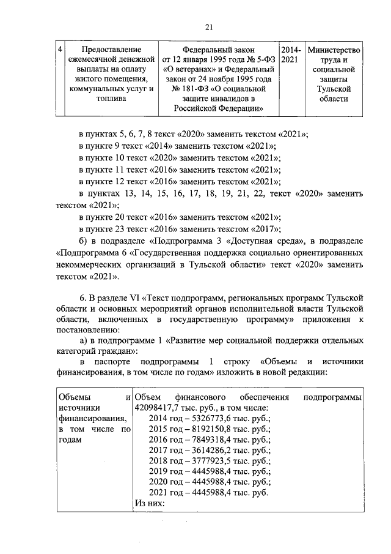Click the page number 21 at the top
point(209,26)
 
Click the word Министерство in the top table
point(335,50)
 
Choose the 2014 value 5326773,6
point(210,419)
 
